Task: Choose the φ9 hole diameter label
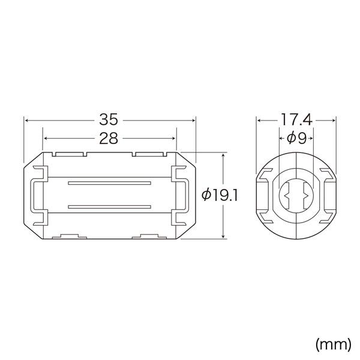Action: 296,139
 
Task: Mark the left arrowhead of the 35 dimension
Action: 26,120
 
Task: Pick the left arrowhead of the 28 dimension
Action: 45,139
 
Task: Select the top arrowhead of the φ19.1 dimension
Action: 224,155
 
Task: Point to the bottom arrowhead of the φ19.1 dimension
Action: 224,236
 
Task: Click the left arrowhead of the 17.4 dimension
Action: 259,120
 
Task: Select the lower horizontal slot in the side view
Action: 109,207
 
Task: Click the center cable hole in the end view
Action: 296,196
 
